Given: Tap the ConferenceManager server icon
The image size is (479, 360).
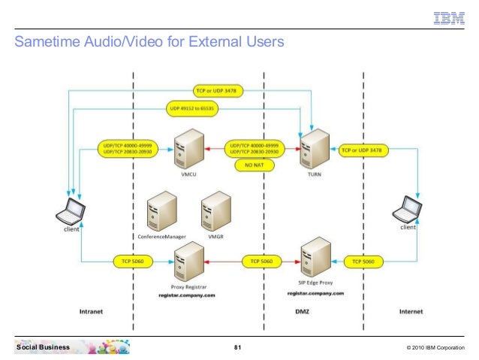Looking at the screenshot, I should point(162,211).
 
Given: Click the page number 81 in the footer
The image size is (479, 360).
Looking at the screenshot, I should point(238,347).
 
